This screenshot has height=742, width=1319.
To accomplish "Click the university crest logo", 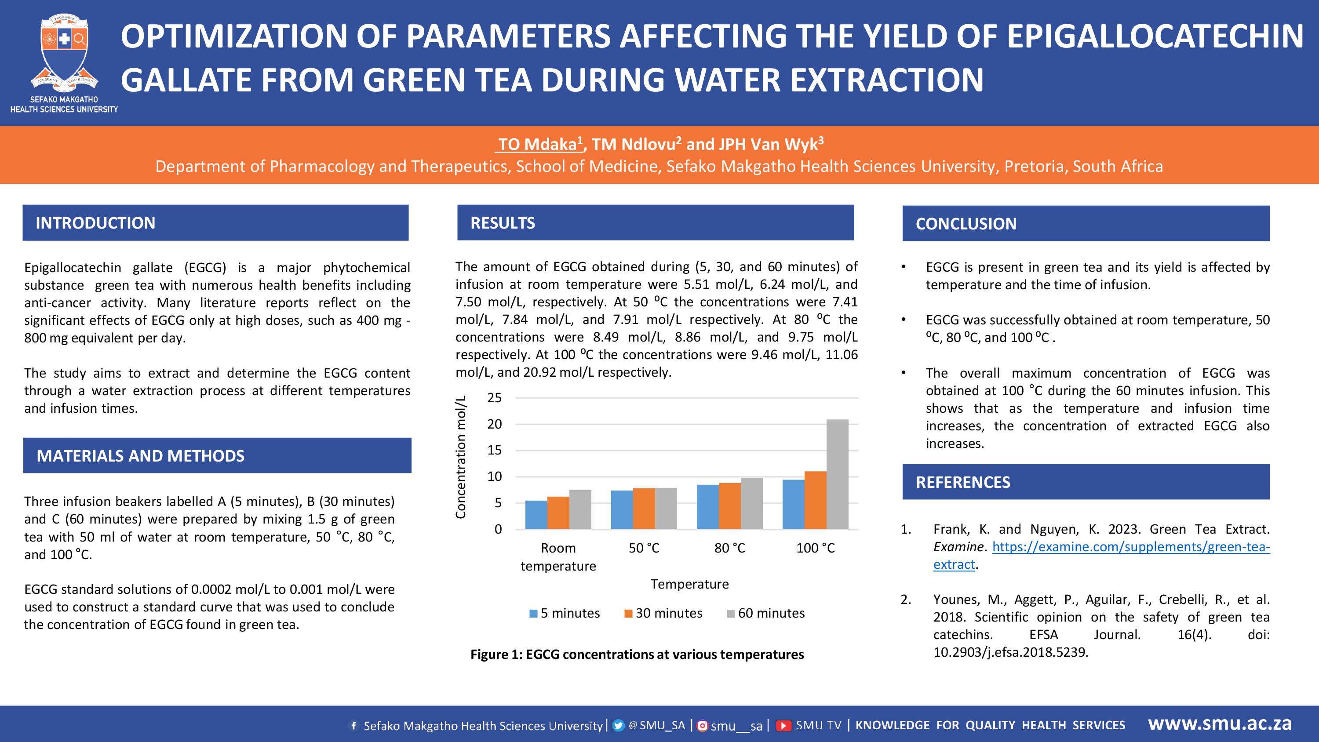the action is [64, 51].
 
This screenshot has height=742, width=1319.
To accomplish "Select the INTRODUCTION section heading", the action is [95, 223].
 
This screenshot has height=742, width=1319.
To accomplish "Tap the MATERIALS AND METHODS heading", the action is [140, 456].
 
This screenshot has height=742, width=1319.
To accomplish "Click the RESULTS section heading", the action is [502, 223].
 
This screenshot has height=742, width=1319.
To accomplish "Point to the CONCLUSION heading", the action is [966, 224].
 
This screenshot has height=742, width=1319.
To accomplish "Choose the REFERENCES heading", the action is [962, 482].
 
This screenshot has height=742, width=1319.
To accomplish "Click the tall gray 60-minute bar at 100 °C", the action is [837, 474].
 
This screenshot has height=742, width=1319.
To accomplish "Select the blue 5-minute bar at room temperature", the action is [536, 515].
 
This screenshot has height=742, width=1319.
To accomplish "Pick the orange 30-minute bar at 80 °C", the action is [730, 506].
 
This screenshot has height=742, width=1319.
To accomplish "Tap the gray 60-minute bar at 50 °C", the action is [666, 509].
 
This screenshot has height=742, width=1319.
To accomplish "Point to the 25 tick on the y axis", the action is [494, 398].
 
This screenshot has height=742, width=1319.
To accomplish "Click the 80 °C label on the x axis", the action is [730, 548].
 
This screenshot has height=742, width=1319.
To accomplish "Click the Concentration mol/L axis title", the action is [461, 457].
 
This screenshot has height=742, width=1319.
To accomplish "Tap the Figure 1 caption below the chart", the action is [637, 655].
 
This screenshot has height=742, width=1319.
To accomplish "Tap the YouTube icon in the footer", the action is [783, 726].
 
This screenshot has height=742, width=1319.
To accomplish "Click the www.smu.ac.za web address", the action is [1220, 724].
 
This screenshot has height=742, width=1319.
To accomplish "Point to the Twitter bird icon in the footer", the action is [619, 726].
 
